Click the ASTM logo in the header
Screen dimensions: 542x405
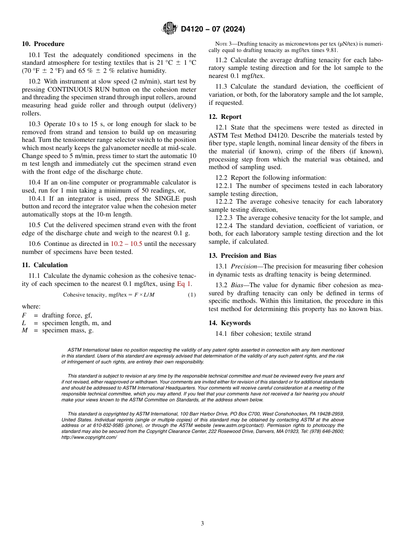[x=169, y=29]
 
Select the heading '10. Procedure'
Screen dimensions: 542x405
[x=43, y=44]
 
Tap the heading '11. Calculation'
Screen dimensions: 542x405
[x=44, y=265]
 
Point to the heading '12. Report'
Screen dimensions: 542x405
[x=225, y=117]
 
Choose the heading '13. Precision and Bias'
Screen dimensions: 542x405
[x=242, y=256]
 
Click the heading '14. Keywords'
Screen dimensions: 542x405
[x=229, y=323]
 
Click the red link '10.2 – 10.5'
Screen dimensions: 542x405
[x=126, y=244]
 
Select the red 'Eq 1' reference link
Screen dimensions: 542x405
[x=184, y=284]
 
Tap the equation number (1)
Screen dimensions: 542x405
[x=192, y=295]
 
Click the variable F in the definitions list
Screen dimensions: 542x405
[x=24, y=315]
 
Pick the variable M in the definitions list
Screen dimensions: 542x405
[x=25, y=330]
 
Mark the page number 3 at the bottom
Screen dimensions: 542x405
[x=202, y=524]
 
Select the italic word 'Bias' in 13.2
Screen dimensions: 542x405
[x=238, y=285]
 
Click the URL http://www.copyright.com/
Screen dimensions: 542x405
[x=89, y=437]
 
